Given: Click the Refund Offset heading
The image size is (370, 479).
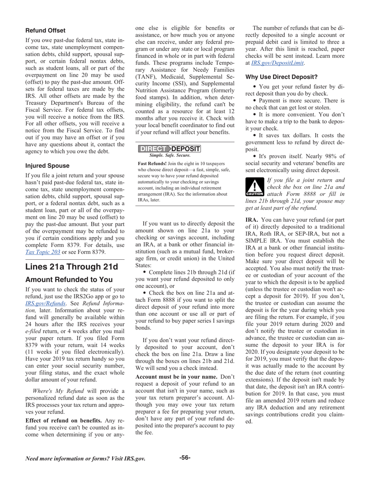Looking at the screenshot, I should point(45,30).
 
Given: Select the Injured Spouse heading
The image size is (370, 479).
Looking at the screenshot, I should point(47,166).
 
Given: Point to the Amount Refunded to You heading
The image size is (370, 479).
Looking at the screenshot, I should point(69,280).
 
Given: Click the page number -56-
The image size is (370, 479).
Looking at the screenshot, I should point(185,458).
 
